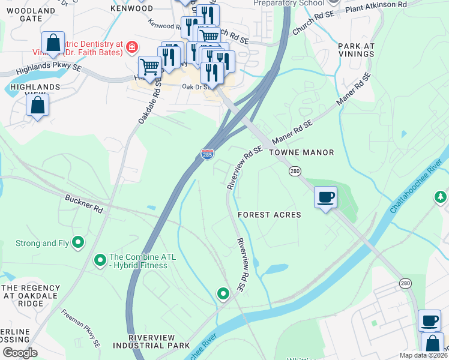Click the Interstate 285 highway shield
(207, 155)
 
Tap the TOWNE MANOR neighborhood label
(301, 152)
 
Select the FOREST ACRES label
(269, 215)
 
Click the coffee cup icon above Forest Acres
(325, 197)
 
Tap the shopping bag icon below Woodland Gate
(53, 43)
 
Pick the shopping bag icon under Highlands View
(37, 105)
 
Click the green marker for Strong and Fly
(77, 242)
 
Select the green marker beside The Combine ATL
(100, 260)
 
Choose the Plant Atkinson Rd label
(376, 5)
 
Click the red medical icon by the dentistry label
(131, 47)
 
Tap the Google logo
(20, 353)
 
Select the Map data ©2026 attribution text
(424, 355)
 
